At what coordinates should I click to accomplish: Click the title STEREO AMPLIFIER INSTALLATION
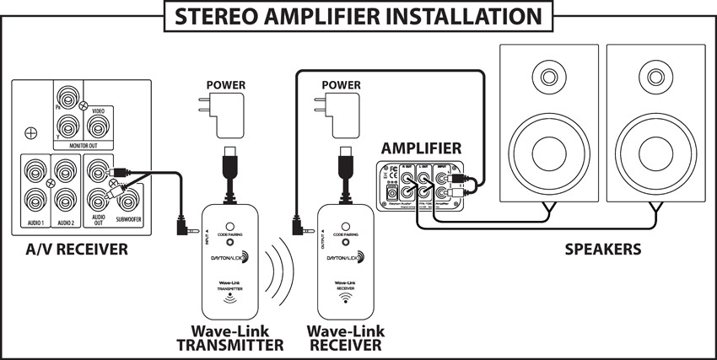(358, 16)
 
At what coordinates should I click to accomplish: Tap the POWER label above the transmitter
(230, 86)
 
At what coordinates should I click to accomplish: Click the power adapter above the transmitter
(231, 118)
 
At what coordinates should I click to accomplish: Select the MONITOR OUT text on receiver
(85, 146)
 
